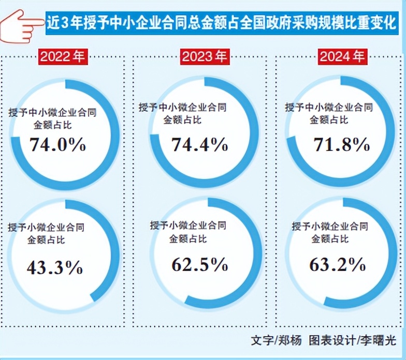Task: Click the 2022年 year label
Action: pos(62,56)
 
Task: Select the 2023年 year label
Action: pos(205,56)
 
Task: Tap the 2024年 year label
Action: pos(342,56)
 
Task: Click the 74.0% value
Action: pos(58,144)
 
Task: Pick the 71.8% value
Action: pos(342,145)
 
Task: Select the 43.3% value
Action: pos(54,267)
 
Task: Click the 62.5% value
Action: pos(199,265)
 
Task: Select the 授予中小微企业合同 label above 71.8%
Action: pos(329,108)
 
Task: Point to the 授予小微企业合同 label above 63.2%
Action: pos(330,226)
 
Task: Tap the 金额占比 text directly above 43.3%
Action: pos(39,240)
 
